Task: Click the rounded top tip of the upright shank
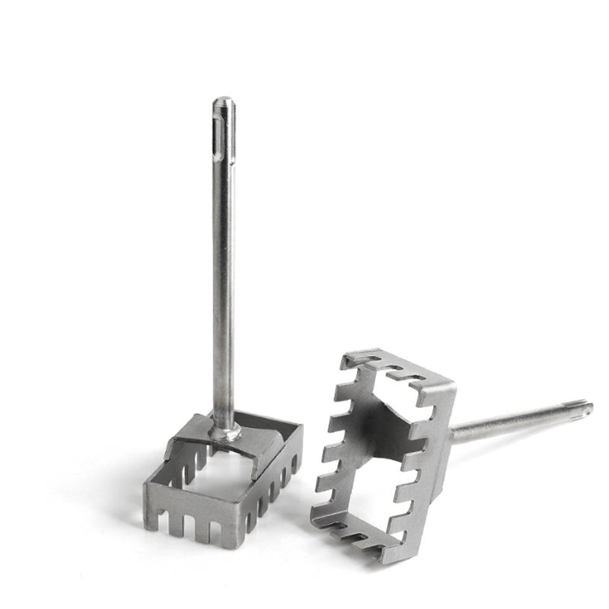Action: (223, 100)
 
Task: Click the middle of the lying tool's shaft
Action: (518, 423)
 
